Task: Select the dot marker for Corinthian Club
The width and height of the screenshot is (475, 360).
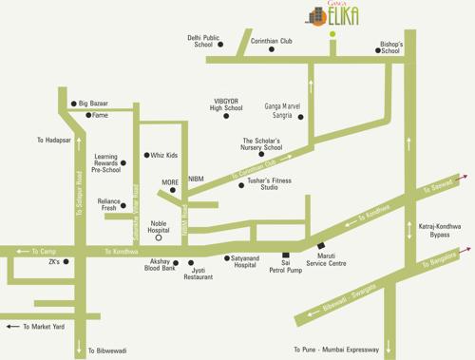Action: click(271, 49)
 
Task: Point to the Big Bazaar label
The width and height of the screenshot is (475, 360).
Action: click(93, 103)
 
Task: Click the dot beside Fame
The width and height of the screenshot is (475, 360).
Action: click(88, 115)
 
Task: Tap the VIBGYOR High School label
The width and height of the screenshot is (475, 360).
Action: click(226, 104)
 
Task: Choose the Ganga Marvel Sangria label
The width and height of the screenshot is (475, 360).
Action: click(282, 110)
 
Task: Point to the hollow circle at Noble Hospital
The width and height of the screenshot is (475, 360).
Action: click(159, 237)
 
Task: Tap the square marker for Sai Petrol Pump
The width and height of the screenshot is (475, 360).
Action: click(286, 255)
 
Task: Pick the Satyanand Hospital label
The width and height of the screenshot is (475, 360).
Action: click(245, 261)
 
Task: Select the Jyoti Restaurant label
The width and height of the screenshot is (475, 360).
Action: click(198, 273)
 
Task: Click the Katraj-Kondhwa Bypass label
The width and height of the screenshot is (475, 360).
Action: click(439, 231)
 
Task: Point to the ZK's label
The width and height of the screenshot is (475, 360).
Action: click(53, 261)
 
